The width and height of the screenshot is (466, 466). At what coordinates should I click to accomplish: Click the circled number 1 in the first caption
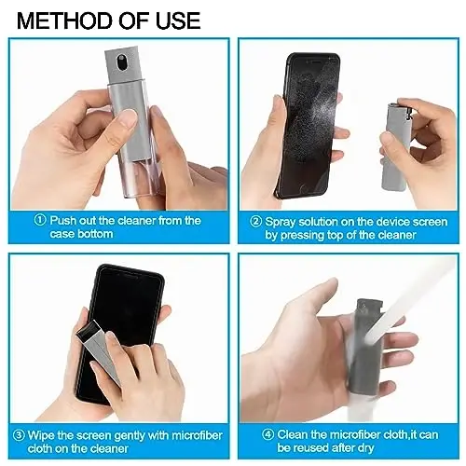(x=39, y=221)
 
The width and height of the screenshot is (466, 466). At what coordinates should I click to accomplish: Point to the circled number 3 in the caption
(x=19, y=433)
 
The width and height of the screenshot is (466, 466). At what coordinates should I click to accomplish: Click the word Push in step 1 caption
(x=65, y=221)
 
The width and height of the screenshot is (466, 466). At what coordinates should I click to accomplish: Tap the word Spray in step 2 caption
(x=283, y=223)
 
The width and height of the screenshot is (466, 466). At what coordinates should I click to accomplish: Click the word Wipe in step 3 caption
(x=45, y=433)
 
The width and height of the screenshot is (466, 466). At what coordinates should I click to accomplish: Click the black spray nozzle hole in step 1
(x=121, y=65)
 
